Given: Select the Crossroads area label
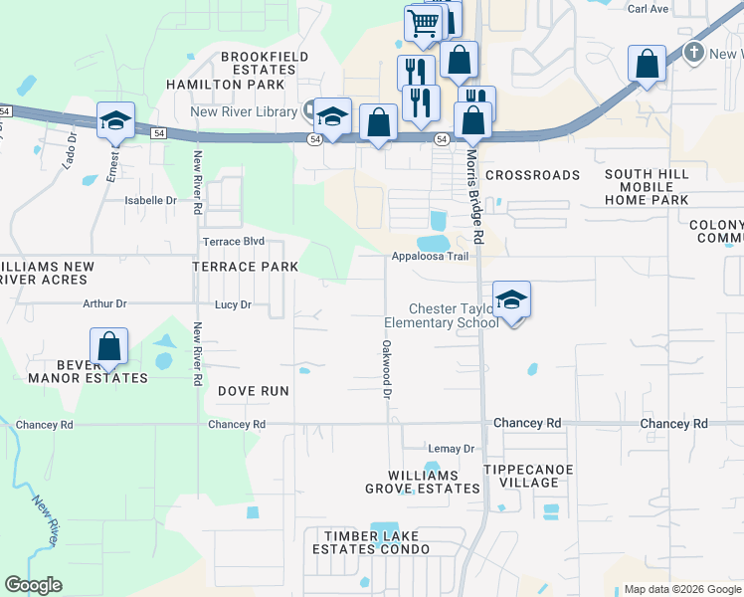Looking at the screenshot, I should coord(532,175).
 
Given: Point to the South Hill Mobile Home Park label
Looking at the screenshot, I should coord(647,187).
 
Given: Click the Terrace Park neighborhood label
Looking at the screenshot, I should coord(245,268).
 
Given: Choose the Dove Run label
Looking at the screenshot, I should coord(254,391).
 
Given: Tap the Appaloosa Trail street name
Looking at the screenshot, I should coord(429,257).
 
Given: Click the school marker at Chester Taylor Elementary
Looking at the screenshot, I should coord(511,299).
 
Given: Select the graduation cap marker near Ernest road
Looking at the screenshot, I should coord(115,121).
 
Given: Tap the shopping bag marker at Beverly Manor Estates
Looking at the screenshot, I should coord(109,347).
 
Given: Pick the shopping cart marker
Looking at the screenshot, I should coord(424,22).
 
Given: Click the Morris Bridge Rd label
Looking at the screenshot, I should coord(474,194).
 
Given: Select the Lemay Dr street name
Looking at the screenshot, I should coord(452,449).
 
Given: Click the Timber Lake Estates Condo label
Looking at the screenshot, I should coord(371,542).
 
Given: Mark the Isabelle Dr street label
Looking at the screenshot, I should coord(150,200).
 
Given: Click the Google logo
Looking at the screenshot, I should coord(34,585).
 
